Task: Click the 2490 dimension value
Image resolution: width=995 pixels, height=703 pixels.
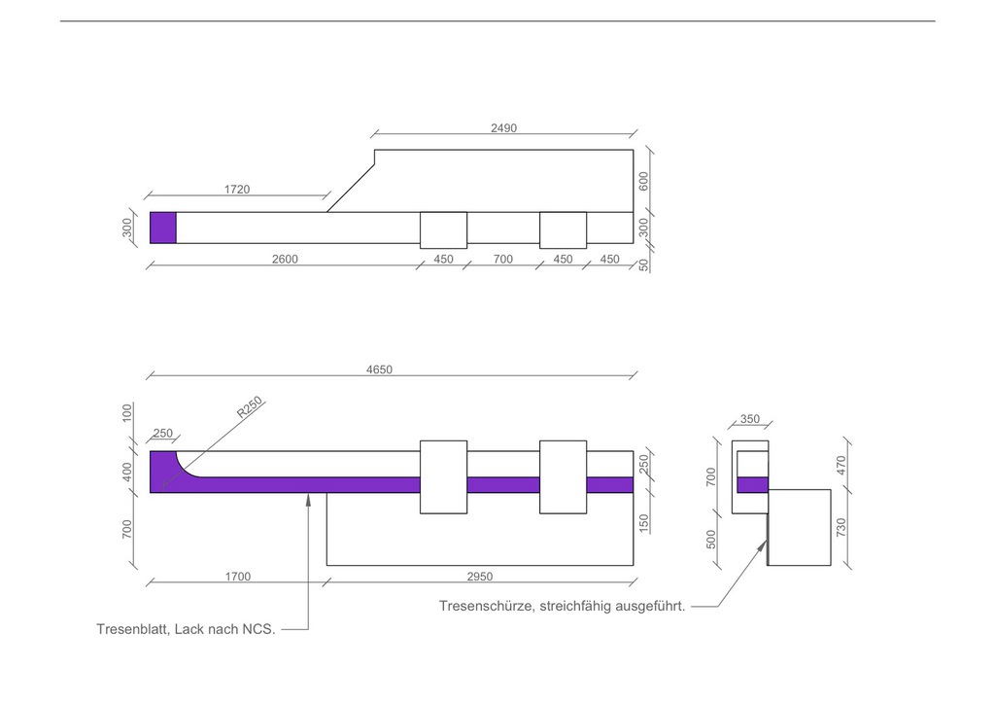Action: coord(504,128)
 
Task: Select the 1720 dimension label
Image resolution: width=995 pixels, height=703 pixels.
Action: coord(237,190)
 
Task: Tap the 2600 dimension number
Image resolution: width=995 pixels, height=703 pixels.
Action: coord(285,259)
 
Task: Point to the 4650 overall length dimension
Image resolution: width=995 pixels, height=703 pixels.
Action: coord(380,369)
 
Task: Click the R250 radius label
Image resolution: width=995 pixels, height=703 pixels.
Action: coord(250,407)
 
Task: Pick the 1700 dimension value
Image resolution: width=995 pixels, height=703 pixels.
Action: coord(238,577)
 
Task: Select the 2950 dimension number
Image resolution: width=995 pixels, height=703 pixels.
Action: coord(480,577)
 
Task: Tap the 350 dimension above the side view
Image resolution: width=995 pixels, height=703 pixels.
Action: coord(750,419)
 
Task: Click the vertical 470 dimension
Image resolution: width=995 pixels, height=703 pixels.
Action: coord(841,466)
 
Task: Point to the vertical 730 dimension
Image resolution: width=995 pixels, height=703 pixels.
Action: coord(841,528)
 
